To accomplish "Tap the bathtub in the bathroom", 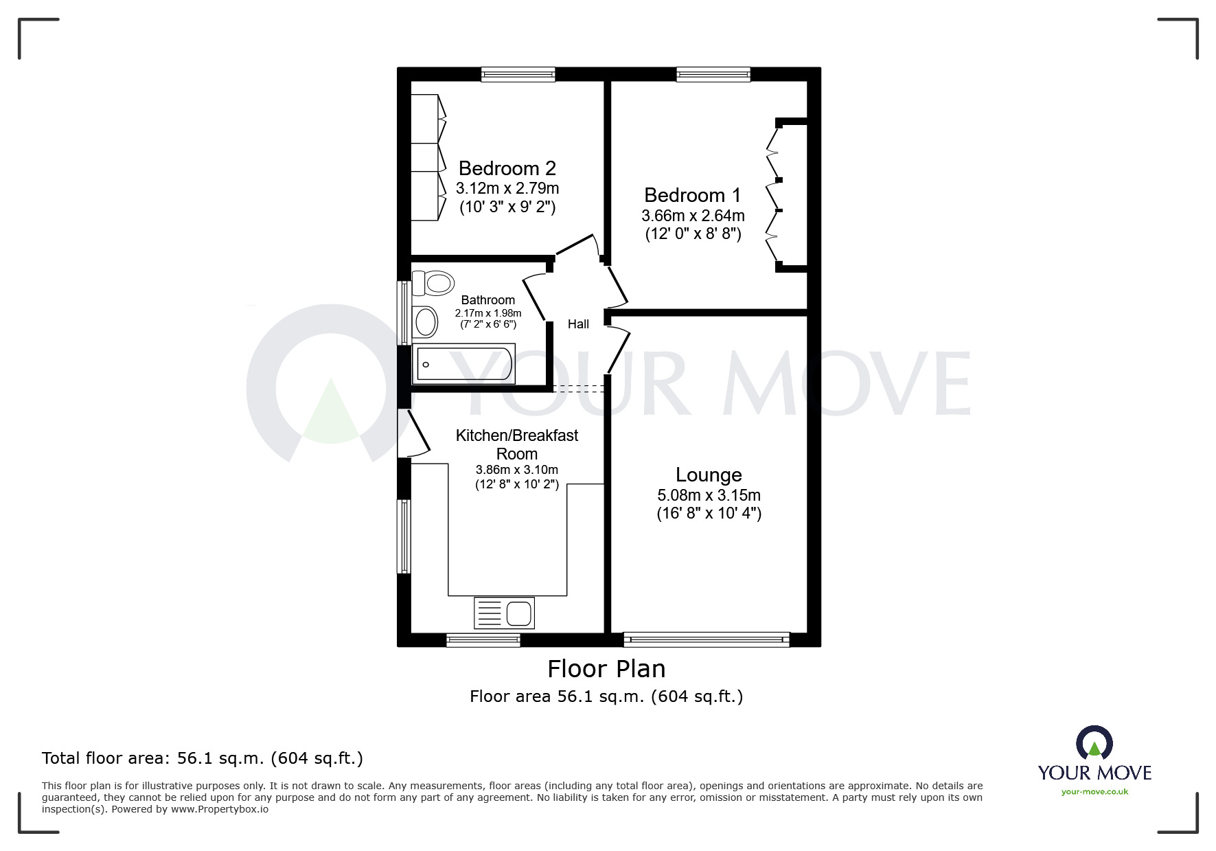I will pyautogui.click(x=463, y=365).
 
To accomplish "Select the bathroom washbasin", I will pyautogui.click(x=426, y=321).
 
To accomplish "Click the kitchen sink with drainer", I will pyautogui.click(x=504, y=613).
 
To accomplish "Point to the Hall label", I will pyautogui.click(x=578, y=324).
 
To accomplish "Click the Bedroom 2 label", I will pyautogui.click(x=507, y=168).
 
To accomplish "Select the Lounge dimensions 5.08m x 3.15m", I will pyautogui.click(x=709, y=495).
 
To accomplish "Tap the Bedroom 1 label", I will pyautogui.click(x=692, y=195).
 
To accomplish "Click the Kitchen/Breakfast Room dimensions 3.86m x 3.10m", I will pyautogui.click(x=516, y=470).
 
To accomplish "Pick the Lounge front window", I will pyautogui.click(x=706, y=639).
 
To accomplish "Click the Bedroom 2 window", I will pyautogui.click(x=518, y=74).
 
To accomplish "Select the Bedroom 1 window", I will pyautogui.click(x=713, y=74).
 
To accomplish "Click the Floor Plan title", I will pyautogui.click(x=606, y=669).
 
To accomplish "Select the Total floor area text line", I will pyautogui.click(x=203, y=758).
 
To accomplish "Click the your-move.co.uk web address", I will pyautogui.click(x=1094, y=792).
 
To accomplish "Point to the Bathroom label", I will pyautogui.click(x=487, y=300).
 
